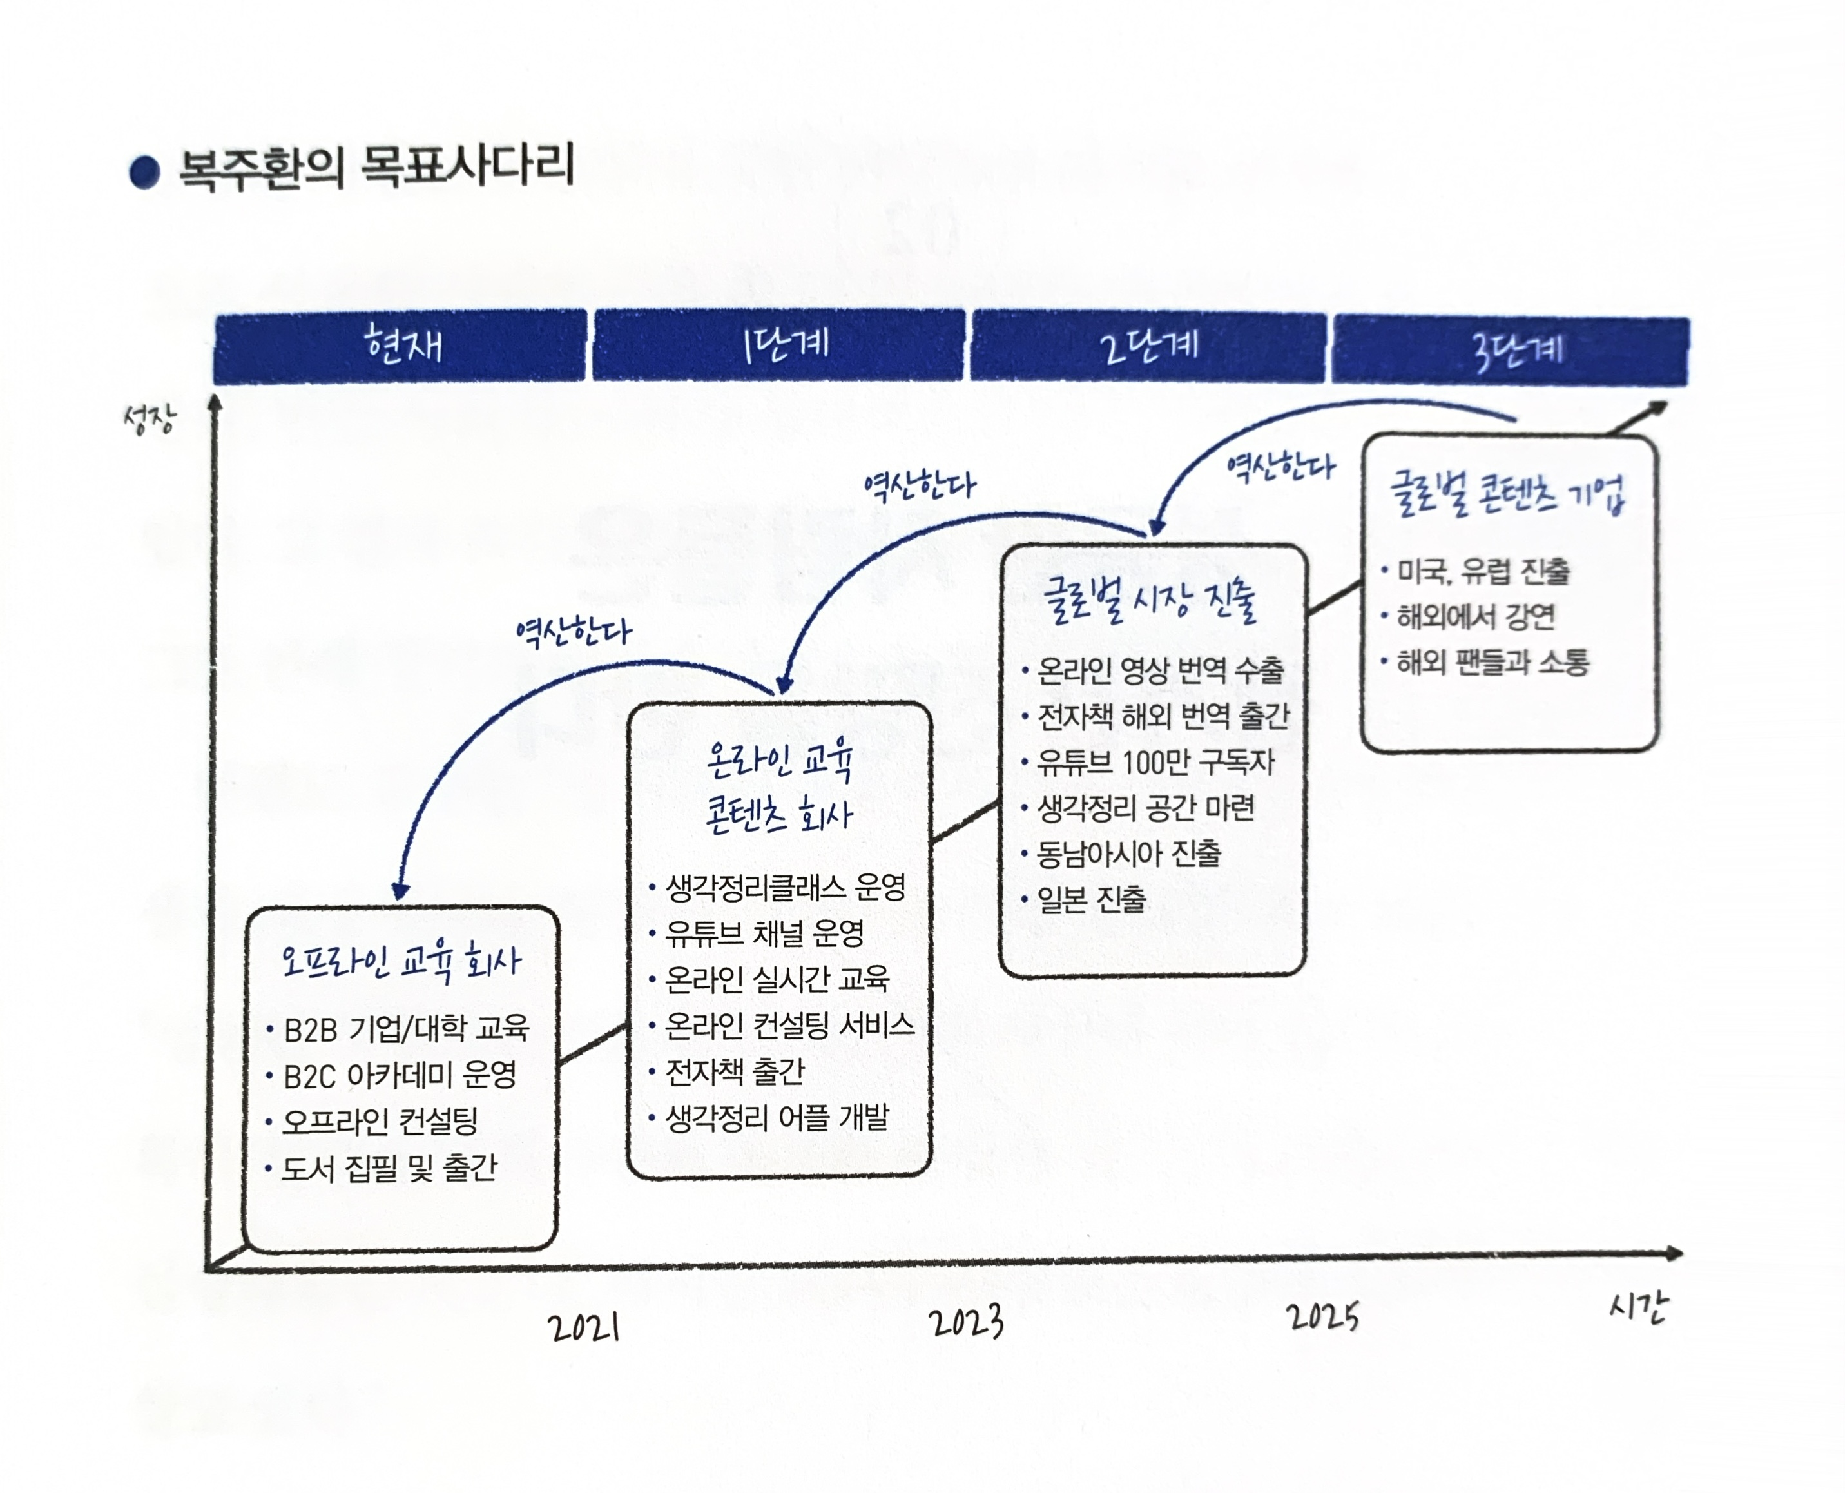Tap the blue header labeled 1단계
779,346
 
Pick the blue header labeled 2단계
1148,347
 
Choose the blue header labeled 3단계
1511,351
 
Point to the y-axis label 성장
150,420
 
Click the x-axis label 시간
1637,1308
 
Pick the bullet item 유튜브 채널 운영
764,934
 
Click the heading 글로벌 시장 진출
1150,600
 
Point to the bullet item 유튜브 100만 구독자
1155,762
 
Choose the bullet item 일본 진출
1091,899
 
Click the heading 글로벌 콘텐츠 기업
1508,494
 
